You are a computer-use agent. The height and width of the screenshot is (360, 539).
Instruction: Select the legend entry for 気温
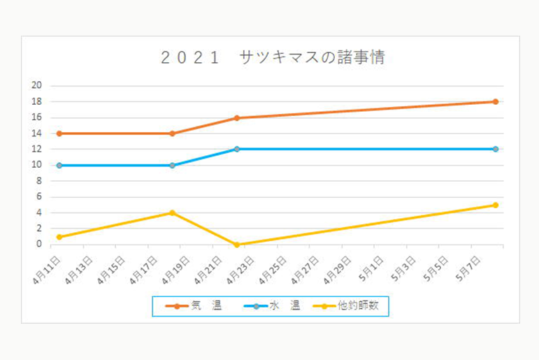tap(193, 305)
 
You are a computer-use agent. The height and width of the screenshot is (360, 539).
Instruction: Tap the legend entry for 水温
tap(272, 305)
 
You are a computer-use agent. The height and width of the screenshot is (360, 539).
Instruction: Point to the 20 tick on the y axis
tap(38, 86)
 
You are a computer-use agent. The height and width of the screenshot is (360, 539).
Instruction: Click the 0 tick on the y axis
tap(40, 245)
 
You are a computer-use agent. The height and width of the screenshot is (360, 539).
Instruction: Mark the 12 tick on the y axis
tap(38, 150)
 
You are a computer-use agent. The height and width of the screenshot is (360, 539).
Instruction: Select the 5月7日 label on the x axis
tap(466, 268)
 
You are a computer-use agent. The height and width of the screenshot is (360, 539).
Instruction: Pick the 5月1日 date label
tap(370, 268)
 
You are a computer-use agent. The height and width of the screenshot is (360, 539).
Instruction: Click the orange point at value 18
tap(495, 102)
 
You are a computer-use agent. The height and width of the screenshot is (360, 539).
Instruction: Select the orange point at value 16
tap(237, 118)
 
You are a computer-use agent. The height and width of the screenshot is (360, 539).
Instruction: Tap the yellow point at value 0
tap(237, 245)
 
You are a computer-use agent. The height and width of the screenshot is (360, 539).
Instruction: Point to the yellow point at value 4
tap(172, 213)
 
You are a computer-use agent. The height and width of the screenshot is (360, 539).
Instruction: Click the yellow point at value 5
tap(495, 205)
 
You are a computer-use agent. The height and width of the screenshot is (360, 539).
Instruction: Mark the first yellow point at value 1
tap(59, 237)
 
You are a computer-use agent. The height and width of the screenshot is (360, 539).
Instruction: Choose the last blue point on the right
tap(495, 149)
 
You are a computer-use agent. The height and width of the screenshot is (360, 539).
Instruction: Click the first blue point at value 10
tap(59, 166)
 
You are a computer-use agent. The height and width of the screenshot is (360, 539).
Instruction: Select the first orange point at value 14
tap(59, 134)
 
